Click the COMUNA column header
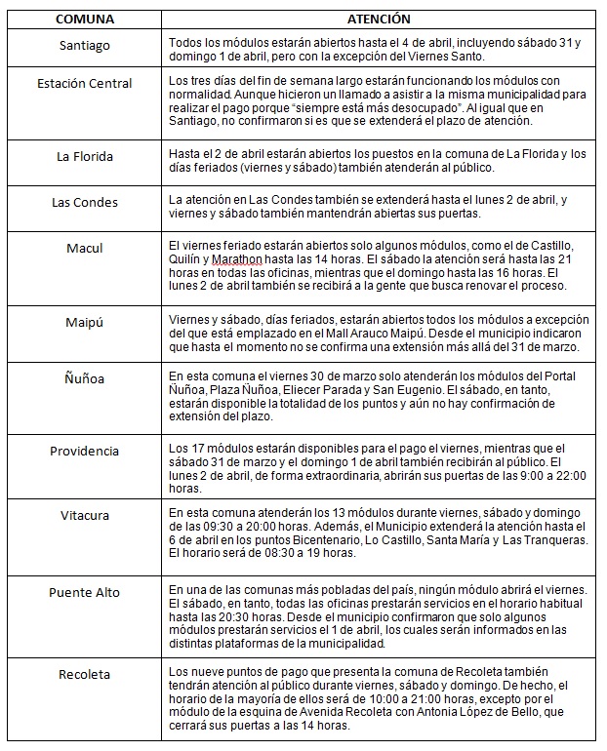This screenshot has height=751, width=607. coord(83,19)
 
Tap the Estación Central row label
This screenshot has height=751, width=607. coord(84,84)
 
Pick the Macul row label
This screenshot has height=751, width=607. coord(84,249)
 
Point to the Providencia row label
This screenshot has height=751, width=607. coord(84,452)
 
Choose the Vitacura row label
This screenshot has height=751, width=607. coord(84,515)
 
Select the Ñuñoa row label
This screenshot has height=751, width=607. coord(84,376)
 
